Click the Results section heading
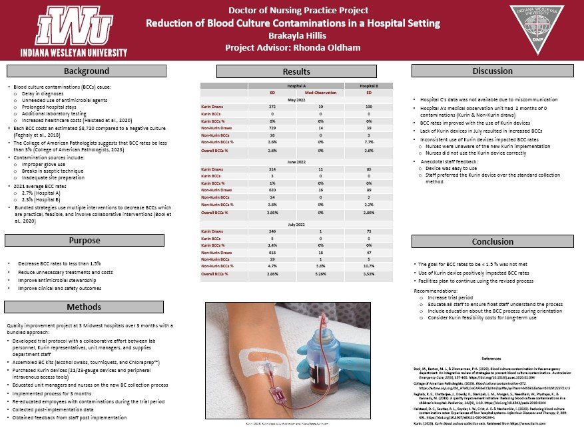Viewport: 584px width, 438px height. pyautogui.click(x=296, y=71)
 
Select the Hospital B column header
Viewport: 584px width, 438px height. pyautogui.click(x=368, y=87)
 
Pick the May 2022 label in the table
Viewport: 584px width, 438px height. pyautogui.click(x=296, y=100)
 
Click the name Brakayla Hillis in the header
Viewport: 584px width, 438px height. pyautogui.click(x=293, y=35)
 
